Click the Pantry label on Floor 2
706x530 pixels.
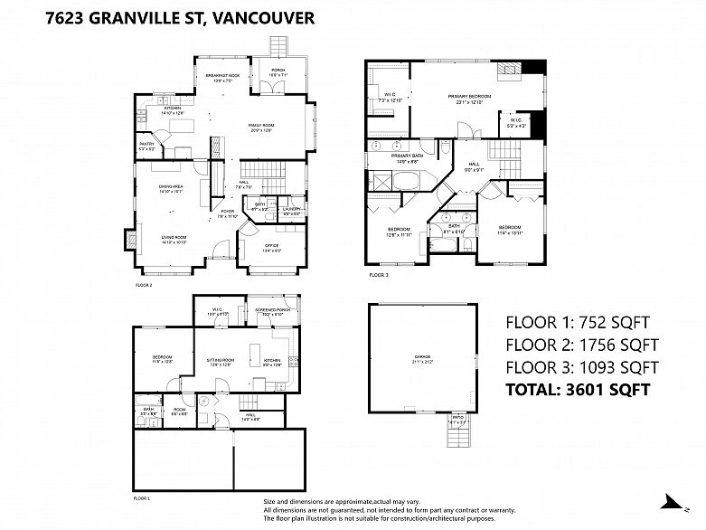146,146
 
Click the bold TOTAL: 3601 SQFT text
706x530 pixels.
577,391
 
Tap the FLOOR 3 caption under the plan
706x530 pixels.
379,274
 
